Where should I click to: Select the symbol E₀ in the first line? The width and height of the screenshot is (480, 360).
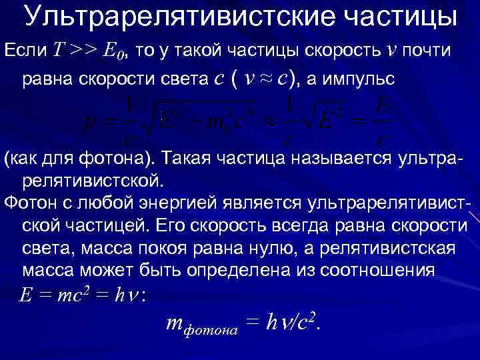point(114,51)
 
